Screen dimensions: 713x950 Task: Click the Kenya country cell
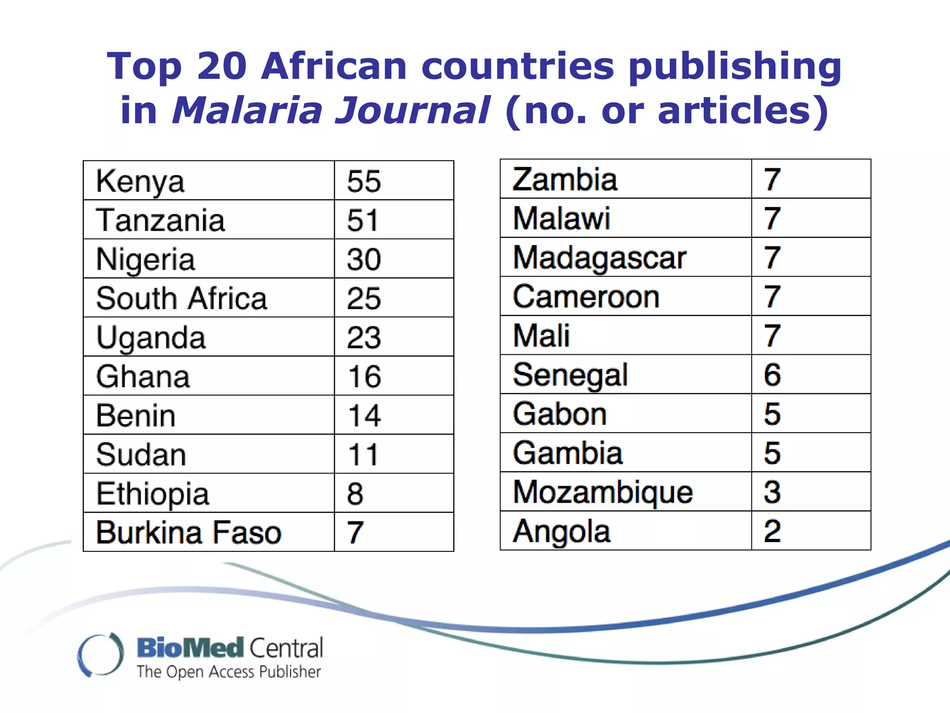140,181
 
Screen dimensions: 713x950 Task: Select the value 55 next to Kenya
364,181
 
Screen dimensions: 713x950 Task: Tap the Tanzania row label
160,220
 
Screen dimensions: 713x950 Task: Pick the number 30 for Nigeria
364,259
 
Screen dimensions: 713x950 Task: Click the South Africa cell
181,298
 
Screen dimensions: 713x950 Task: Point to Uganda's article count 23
364,337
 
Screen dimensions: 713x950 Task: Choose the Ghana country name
143,376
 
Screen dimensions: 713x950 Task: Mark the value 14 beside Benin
364,415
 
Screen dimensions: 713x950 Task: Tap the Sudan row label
141,454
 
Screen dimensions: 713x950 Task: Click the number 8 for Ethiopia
355,493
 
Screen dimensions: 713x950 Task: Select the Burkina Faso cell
188,532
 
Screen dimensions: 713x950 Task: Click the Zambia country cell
565,180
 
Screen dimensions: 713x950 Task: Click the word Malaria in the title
246,110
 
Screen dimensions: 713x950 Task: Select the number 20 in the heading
222,66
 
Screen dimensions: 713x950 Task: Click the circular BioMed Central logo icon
101,655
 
